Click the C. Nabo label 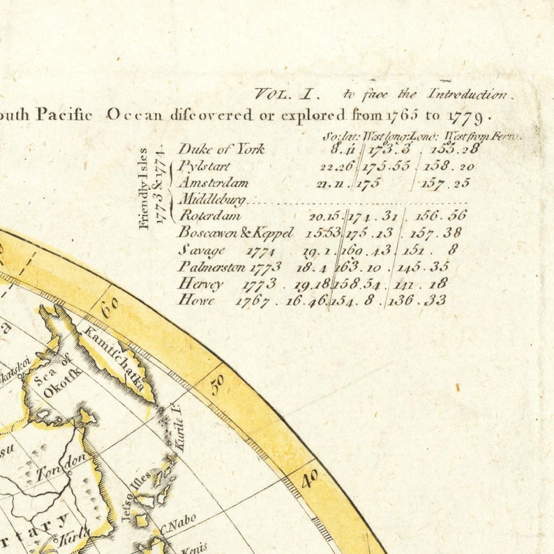(x=181, y=523)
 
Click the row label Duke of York (x=221, y=149)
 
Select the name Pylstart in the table (x=204, y=166)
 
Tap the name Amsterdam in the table (x=214, y=183)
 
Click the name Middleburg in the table (x=213, y=200)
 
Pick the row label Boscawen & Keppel (x=236, y=233)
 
